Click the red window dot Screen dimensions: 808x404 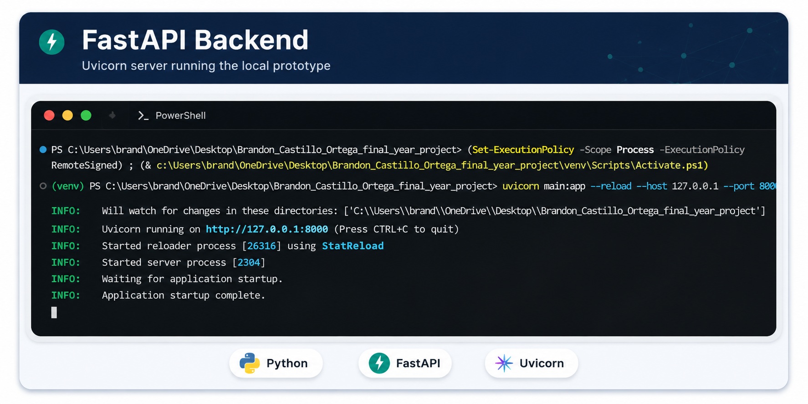click(49, 116)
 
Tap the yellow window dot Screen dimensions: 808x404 click(67, 116)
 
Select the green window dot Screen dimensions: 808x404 click(86, 116)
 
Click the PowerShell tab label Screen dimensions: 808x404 click(180, 116)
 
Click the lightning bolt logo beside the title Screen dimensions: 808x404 click(52, 42)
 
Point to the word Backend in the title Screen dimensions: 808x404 click(252, 40)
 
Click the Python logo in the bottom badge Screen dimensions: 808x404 click(249, 363)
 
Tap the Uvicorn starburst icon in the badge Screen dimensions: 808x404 click(504, 363)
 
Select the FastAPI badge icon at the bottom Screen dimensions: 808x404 click(379, 363)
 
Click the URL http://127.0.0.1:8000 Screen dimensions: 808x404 click(267, 229)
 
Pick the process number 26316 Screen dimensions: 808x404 click(261, 246)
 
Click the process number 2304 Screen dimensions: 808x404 click(249, 262)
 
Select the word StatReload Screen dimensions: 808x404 click(353, 246)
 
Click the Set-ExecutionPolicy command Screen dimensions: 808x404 click(523, 150)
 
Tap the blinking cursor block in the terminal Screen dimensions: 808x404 click(54, 312)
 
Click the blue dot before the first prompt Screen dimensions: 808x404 click(43, 149)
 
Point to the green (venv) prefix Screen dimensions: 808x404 click(68, 186)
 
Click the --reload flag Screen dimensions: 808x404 click(611, 186)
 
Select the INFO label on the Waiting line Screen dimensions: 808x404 click(66, 279)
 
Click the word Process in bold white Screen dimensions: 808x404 click(635, 150)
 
